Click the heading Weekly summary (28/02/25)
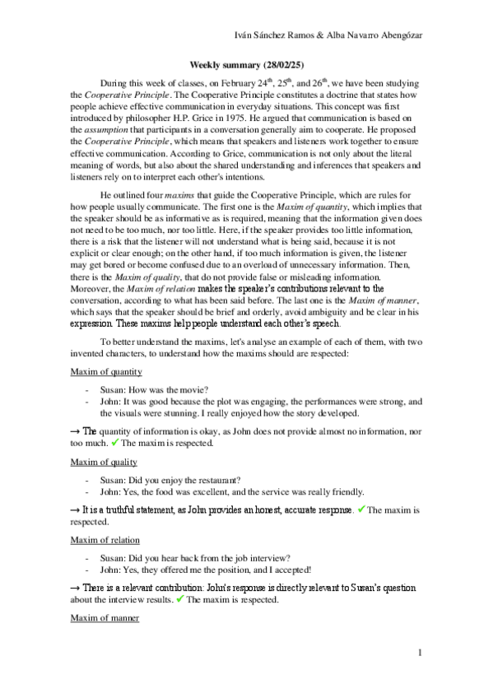[x=246, y=63]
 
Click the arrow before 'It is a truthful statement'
[x=75, y=510]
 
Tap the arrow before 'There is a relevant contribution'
[x=75, y=588]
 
